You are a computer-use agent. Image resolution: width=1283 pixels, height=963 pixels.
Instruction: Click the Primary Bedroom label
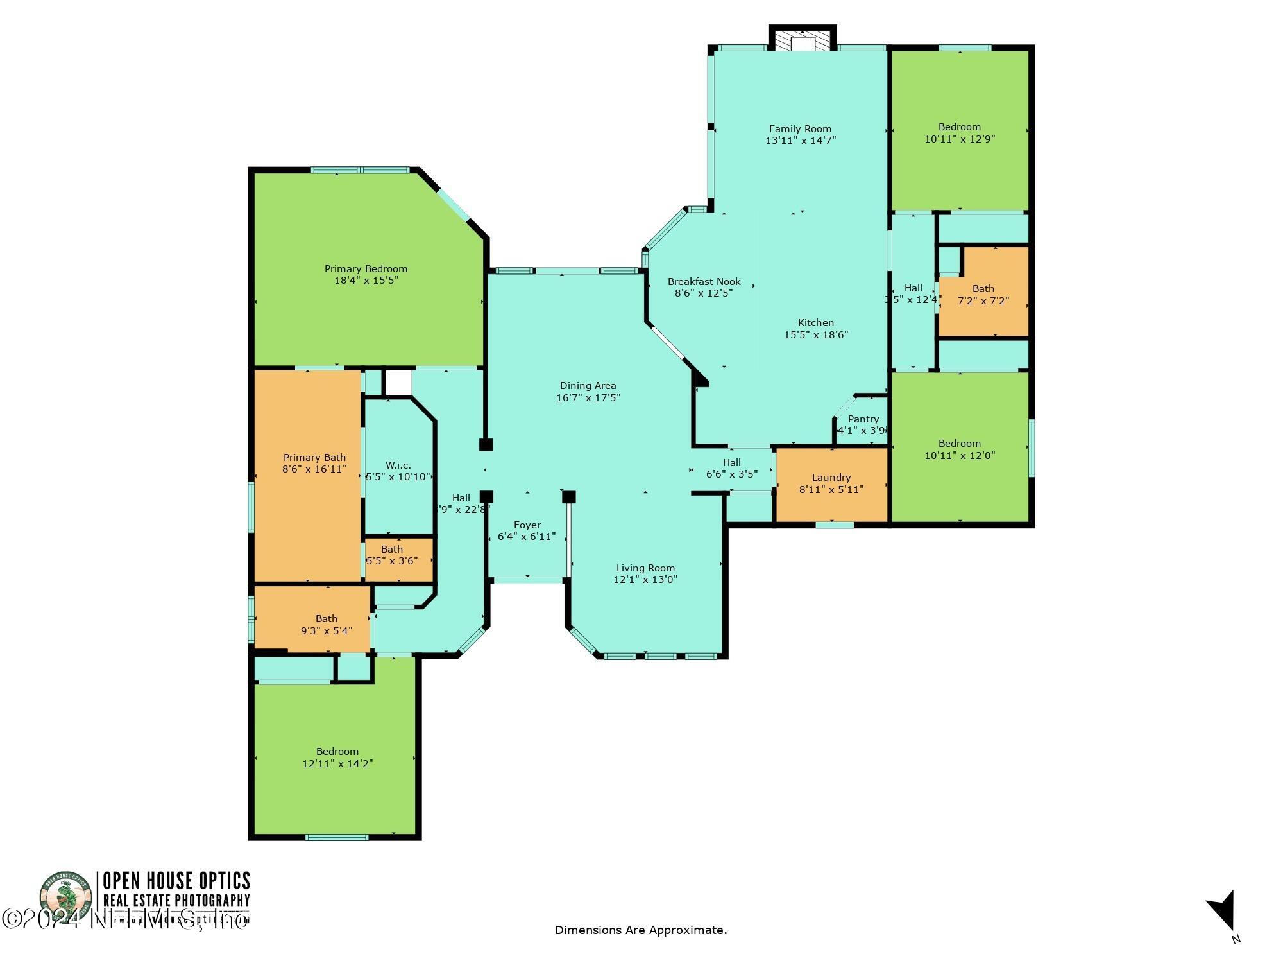366,269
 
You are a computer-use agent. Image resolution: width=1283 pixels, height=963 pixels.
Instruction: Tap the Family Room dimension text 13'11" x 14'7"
801,140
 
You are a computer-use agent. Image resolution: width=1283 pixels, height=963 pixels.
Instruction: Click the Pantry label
863,419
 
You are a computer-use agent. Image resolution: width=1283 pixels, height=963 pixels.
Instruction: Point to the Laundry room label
831,478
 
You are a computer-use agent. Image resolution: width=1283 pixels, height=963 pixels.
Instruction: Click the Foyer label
527,525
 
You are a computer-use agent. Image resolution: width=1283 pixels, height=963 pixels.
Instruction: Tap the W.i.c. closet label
398,465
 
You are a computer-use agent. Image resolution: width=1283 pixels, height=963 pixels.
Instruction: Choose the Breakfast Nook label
704,282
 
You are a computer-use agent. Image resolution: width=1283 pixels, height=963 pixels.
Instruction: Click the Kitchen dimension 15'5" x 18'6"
816,334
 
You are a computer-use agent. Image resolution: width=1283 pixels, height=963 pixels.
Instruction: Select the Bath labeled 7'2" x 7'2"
983,295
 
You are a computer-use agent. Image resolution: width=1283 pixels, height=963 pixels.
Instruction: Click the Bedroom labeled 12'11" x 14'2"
337,758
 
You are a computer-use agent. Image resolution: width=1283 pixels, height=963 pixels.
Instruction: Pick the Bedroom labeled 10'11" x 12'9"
959,133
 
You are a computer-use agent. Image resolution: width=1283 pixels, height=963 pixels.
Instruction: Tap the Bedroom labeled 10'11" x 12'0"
959,449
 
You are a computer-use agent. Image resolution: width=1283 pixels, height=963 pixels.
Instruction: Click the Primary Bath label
314,458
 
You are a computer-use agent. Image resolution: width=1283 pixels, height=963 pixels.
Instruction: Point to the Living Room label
645,568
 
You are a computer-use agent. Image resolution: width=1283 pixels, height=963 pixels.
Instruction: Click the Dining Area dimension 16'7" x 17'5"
588,397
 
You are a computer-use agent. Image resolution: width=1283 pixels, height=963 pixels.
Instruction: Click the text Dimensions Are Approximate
640,930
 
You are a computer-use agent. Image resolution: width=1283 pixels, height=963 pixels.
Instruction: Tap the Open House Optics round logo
65,897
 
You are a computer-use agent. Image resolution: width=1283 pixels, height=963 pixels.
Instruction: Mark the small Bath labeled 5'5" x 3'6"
391,555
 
